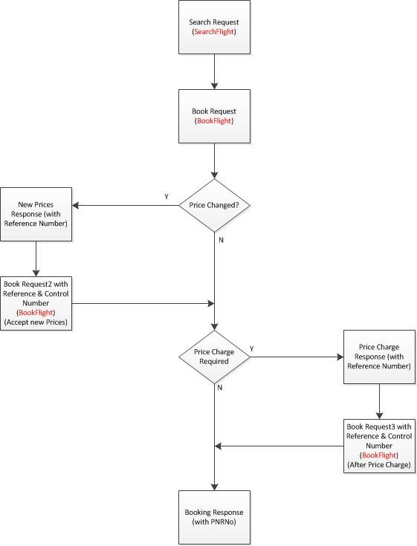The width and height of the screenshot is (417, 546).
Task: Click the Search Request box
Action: click(x=214, y=27)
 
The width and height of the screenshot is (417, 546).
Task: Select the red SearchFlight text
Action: click(x=214, y=33)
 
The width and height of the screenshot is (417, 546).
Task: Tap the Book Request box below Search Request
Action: click(x=214, y=116)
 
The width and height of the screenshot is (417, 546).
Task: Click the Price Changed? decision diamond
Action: click(x=214, y=205)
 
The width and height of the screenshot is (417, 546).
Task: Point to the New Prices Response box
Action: click(x=36, y=214)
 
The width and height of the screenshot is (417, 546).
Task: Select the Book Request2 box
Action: click(x=36, y=303)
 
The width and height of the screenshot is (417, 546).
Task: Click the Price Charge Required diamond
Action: click(x=214, y=357)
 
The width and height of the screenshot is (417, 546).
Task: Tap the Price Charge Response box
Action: click(x=379, y=357)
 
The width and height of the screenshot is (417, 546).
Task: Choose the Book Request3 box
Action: click(x=379, y=445)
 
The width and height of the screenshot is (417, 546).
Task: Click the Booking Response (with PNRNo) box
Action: click(x=214, y=517)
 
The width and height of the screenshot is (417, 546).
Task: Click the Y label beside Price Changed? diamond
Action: click(x=166, y=197)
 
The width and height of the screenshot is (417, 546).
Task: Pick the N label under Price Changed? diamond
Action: click(x=221, y=241)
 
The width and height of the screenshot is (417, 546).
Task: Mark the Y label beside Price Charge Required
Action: click(x=251, y=348)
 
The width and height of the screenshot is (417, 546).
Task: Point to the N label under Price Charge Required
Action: click(x=221, y=388)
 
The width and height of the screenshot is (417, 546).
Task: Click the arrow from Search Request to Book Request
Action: click(x=214, y=71)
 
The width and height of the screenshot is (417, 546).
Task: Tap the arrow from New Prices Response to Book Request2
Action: click(x=36, y=259)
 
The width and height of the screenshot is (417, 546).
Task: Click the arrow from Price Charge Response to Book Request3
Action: click(x=379, y=401)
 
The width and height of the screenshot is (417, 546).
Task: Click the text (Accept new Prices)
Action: click(x=36, y=322)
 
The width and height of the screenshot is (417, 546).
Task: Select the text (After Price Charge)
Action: click(x=379, y=464)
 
